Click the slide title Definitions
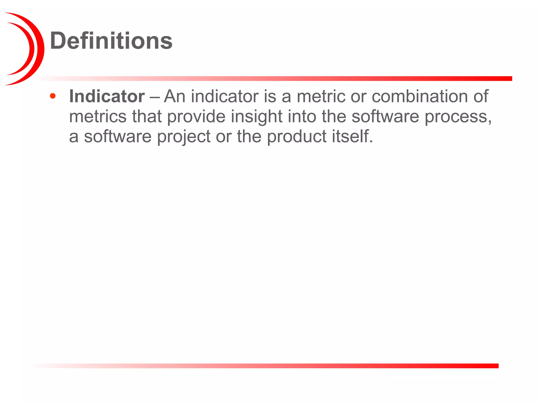tap(111, 41)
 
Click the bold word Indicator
tap(107, 97)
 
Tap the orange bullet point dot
tap(53, 96)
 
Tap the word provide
tap(196, 117)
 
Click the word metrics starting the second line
tap(98, 117)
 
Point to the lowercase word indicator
tap(225, 97)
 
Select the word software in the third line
tap(118, 137)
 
